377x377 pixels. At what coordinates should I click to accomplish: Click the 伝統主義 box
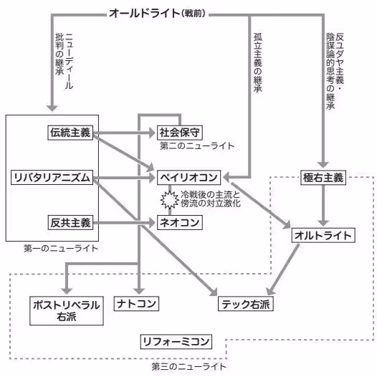70,133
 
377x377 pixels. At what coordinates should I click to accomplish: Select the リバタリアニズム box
52,176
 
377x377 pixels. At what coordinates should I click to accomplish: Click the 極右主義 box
323,176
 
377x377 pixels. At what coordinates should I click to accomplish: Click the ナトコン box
136,303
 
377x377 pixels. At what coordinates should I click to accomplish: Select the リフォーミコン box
176,340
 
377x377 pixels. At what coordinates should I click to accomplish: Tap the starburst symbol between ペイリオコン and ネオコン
169,199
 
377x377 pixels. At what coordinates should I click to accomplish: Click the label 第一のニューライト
61,248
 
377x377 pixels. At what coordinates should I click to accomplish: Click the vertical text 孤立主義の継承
257,65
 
